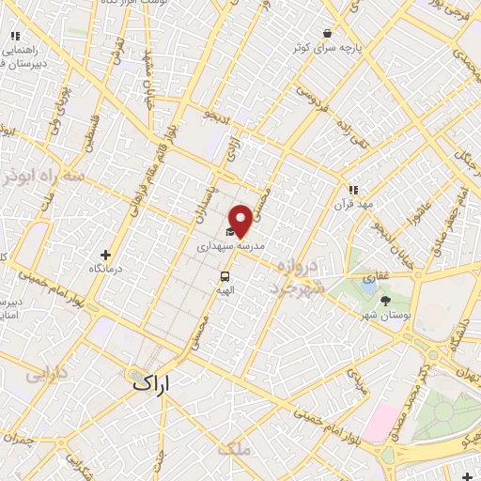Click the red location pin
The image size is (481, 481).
point(240,220)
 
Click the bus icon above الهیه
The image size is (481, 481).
point(225,276)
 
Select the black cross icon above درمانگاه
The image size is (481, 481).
point(105,255)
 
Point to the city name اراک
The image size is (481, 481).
point(154,380)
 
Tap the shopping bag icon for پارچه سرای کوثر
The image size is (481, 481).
point(327,34)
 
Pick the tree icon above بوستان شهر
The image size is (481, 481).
point(385,301)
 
